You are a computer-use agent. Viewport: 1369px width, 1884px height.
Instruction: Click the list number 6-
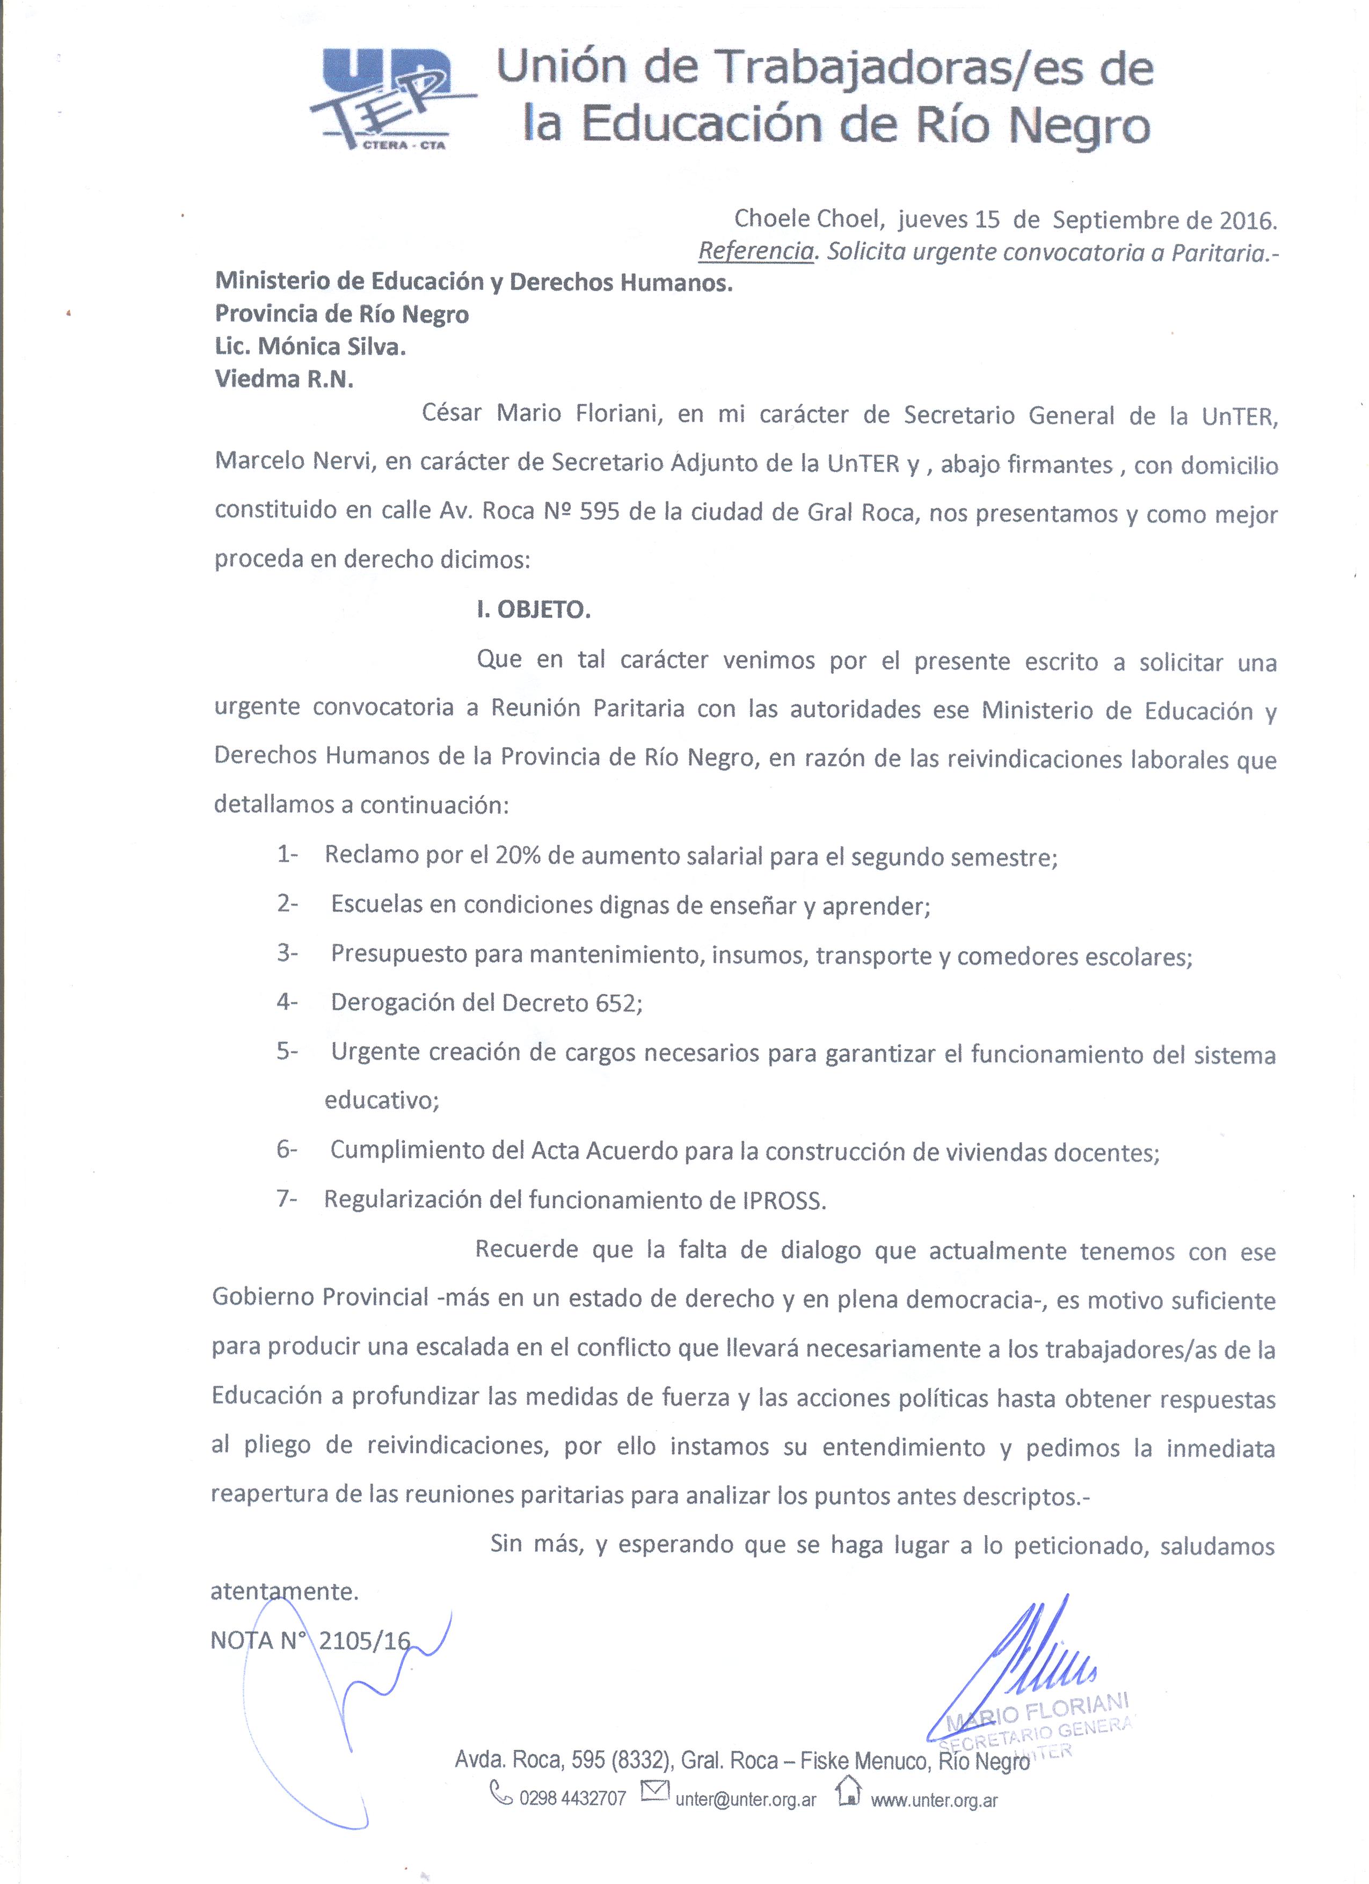click(x=287, y=1150)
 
